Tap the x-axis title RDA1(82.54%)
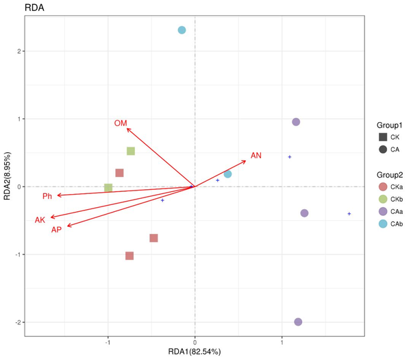click(x=195, y=352)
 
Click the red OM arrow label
click(x=121, y=123)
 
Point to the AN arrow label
click(x=256, y=156)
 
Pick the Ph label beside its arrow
click(x=47, y=197)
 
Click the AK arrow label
click(x=40, y=219)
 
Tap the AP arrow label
click(x=57, y=229)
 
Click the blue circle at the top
click(x=182, y=30)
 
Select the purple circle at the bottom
click(x=298, y=322)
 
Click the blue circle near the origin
click(x=227, y=174)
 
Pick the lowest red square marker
click(x=129, y=256)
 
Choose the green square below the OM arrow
click(x=131, y=151)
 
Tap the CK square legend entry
click(x=389, y=137)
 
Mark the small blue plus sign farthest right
click(x=349, y=214)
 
